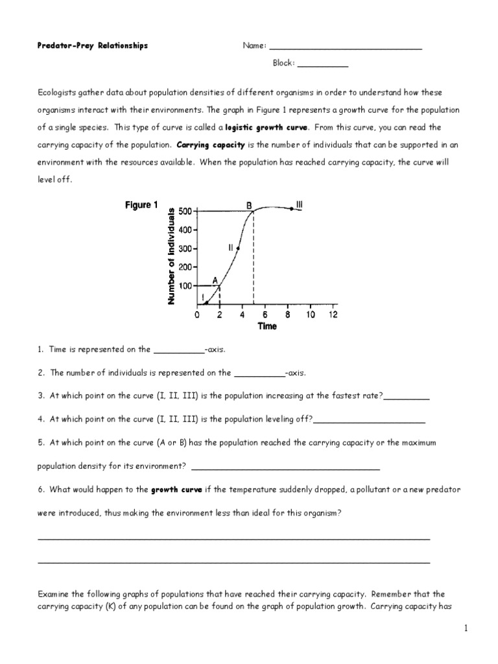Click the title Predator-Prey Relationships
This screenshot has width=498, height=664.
point(93,45)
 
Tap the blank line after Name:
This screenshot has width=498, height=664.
point(345,49)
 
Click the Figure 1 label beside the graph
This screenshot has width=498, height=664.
point(141,206)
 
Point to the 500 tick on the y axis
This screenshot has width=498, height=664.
point(185,211)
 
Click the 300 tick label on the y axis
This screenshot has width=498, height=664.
point(185,248)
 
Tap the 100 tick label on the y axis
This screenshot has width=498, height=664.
point(185,285)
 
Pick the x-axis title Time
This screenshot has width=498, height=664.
point(267,326)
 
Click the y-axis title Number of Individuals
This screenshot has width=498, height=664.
point(172,255)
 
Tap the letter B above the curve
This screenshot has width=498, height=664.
point(248,205)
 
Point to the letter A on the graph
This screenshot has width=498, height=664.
point(215,280)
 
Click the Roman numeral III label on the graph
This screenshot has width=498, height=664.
point(299,204)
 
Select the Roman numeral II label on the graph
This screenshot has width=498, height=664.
point(230,248)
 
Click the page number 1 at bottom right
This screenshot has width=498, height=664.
point(466,628)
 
